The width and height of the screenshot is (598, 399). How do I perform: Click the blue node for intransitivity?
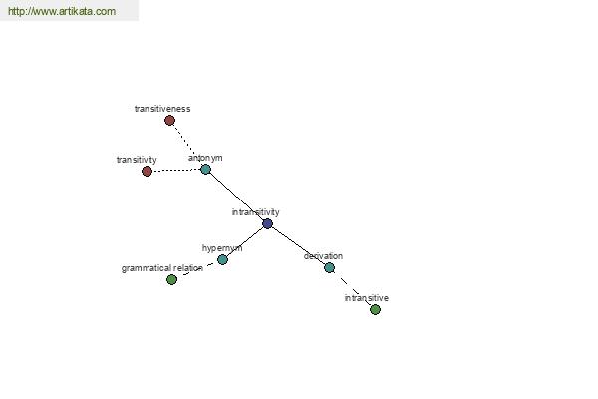pos(268,223)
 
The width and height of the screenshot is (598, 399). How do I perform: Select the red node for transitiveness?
pos(169,121)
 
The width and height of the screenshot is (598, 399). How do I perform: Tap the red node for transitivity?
pos(147,171)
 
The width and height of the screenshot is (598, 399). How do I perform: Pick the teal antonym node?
pos(205,169)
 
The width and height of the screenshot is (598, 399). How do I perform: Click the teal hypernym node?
pos(222,260)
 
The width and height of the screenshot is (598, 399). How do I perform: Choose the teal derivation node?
pos(330,267)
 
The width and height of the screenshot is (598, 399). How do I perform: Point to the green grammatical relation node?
pos(172,280)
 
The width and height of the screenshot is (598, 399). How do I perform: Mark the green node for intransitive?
pos(376,309)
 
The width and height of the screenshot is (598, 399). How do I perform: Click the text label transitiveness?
pos(162,109)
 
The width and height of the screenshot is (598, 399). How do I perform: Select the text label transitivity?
pos(137,160)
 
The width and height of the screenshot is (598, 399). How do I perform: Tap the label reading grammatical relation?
pos(162,268)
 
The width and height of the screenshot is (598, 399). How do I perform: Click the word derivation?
pos(323,256)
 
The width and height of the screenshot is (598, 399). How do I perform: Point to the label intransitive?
pos(367,298)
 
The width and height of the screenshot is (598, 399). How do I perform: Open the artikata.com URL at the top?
pos(62,11)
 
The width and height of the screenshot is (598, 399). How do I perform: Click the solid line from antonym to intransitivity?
pos(236,197)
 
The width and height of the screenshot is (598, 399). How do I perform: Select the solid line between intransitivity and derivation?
pos(299,246)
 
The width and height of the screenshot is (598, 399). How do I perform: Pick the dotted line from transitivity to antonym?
pos(176,170)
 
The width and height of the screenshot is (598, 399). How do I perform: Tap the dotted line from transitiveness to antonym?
pos(187,145)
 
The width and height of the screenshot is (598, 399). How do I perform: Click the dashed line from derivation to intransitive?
pos(353,288)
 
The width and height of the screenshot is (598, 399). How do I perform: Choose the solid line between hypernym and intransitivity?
pos(245,242)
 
